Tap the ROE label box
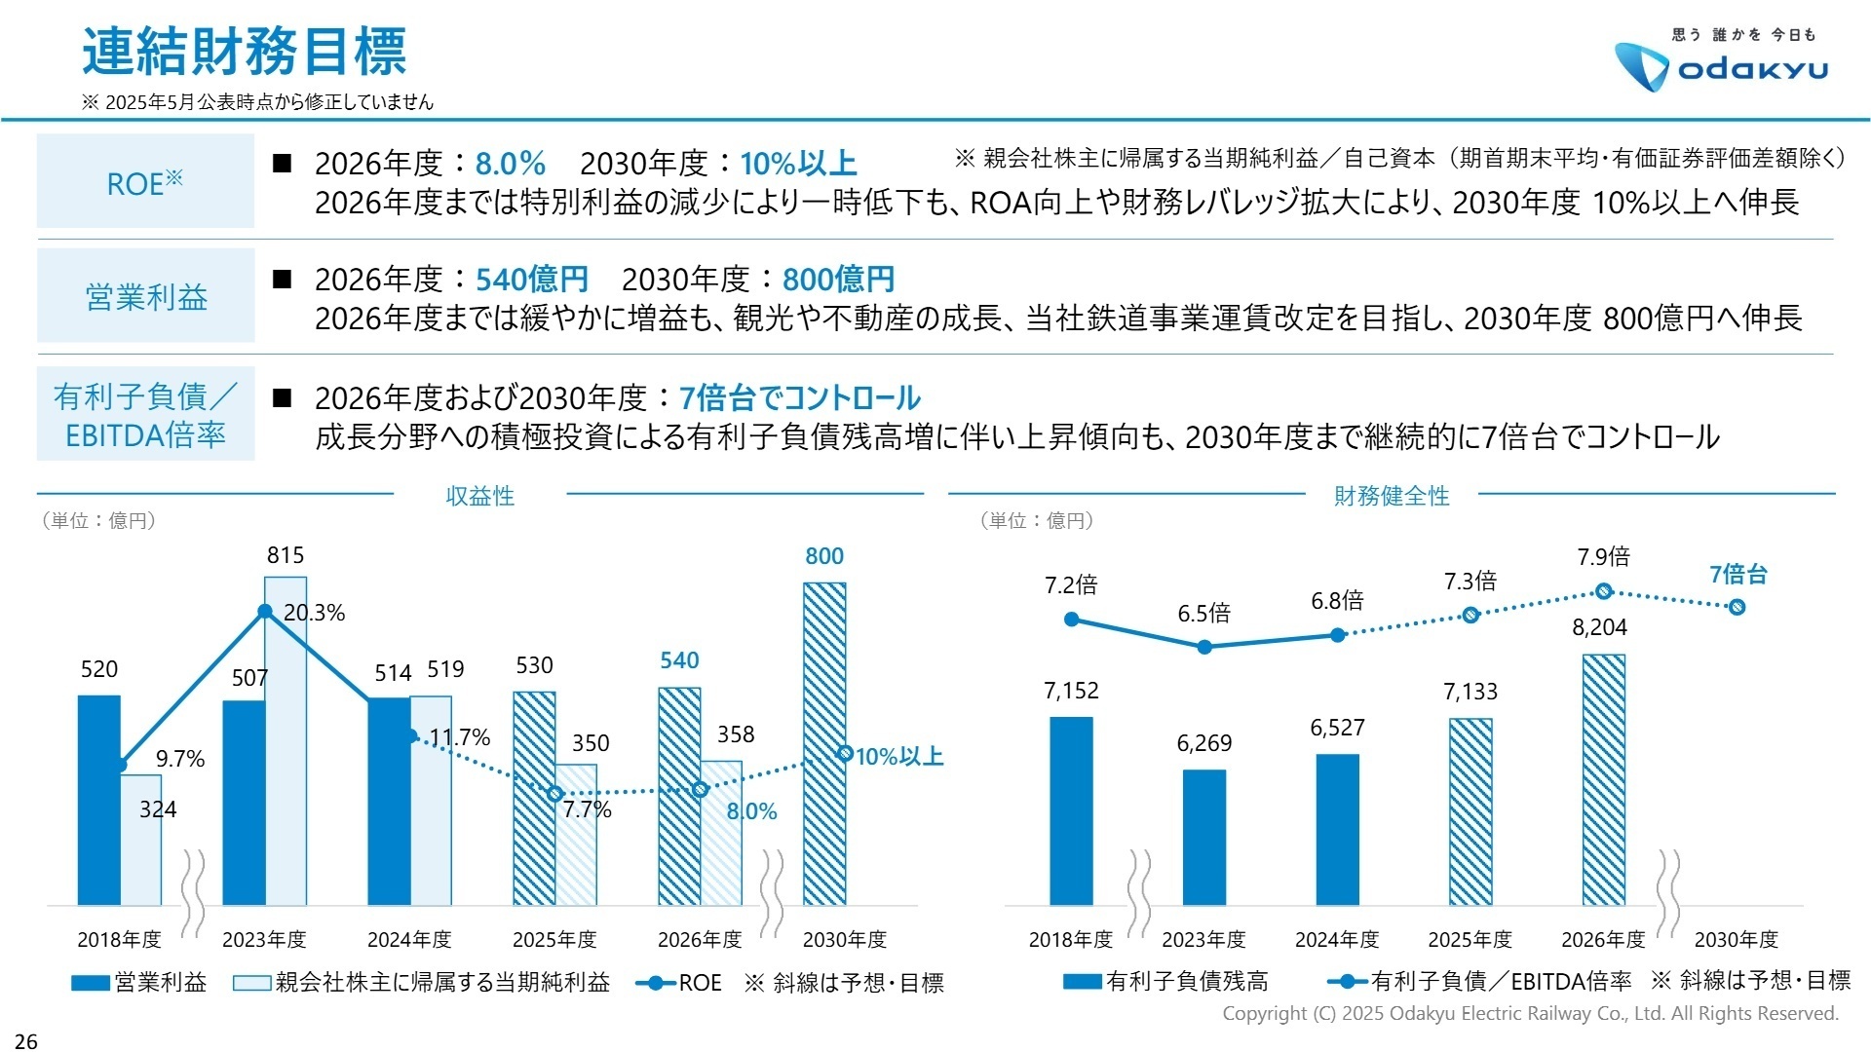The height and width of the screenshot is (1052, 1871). pos(145,182)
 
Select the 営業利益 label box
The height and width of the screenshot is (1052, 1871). pos(145,296)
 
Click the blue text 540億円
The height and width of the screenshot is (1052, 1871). pos(531,281)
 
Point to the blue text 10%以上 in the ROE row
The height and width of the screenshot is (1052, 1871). pos(798,164)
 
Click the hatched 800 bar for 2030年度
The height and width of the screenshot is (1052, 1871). pos(824,743)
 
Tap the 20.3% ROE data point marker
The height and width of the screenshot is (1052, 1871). pos(264,612)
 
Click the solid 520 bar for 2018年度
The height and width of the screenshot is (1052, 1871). pos(98,799)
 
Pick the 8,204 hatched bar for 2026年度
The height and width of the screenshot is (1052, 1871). pos(1603,779)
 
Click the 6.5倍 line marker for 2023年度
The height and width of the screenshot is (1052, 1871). pos(1204,647)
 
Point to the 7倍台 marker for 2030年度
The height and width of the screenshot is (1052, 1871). pos(1737,607)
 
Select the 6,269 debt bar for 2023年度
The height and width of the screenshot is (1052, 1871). pos(1204,838)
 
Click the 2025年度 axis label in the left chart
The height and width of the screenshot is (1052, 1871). pos(554,940)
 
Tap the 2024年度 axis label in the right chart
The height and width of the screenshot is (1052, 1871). pos(1337,940)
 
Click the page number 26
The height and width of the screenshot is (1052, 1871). pos(26,1041)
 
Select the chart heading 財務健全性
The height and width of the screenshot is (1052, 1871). pos(1391,496)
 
